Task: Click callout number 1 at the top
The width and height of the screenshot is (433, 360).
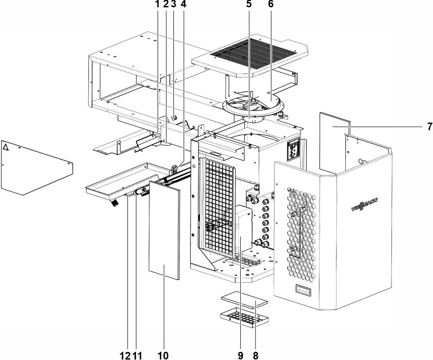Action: click(158, 4)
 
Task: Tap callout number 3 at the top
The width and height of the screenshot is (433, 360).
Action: click(174, 4)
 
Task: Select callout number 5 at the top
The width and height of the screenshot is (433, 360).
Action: click(249, 4)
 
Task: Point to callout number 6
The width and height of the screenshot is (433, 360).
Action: click(270, 4)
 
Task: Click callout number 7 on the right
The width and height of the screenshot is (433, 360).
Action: click(429, 127)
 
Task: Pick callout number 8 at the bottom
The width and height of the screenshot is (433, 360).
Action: click(256, 355)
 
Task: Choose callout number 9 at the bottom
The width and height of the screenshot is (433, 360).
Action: click(240, 355)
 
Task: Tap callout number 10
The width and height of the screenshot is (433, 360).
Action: click(163, 355)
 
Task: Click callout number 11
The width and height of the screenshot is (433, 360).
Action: click(138, 355)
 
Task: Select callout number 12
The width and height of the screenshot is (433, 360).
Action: click(125, 355)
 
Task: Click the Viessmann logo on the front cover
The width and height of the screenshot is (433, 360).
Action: click(364, 205)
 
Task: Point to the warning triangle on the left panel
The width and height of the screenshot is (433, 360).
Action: click(5, 147)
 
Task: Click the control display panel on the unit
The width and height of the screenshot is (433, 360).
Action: click(293, 149)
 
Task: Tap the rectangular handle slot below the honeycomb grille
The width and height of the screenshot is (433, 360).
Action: click(303, 290)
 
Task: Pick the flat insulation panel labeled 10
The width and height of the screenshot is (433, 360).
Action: click(164, 230)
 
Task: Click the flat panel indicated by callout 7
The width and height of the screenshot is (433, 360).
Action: click(335, 143)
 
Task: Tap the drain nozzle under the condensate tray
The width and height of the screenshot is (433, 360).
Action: click(114, 203)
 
